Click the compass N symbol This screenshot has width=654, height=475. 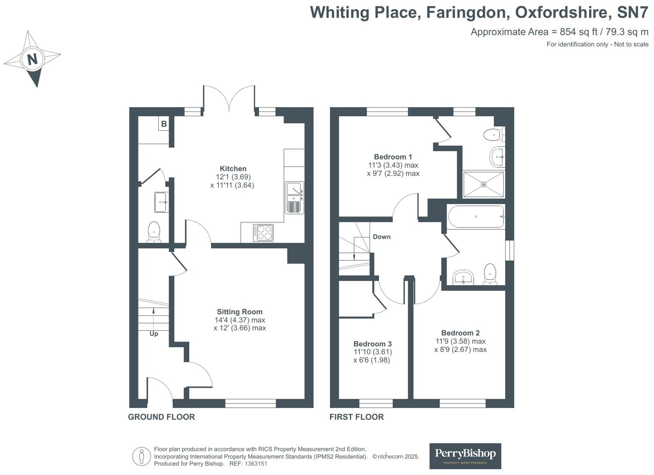coord(32,58)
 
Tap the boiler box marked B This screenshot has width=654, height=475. coord(164,124)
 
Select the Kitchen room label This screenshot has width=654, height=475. coord(233,169)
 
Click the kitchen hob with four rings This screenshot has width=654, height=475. coord(263,233)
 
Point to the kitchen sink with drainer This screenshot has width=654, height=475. coord(294,197)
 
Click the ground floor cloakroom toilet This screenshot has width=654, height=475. coord(154,231)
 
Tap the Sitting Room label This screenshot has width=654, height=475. coord(239,312)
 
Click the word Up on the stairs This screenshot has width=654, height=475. coord(154,334)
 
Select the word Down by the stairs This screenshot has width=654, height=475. coord(381,237)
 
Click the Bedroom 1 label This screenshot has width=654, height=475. coord(393,157)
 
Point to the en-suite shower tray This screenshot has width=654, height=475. coord(483,185)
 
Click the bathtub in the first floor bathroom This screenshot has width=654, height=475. coord(475,216)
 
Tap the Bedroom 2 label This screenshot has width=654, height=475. coord(460,333)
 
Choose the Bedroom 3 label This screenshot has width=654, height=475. coord(372,344)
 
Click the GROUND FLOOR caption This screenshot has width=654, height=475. coord(161,417)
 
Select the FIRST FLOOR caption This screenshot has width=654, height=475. coord(356,417)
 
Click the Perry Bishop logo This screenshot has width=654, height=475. coord(465,456)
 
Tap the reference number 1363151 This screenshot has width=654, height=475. coord(256,464)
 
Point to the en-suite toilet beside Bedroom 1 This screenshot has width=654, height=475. coord(493,135)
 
